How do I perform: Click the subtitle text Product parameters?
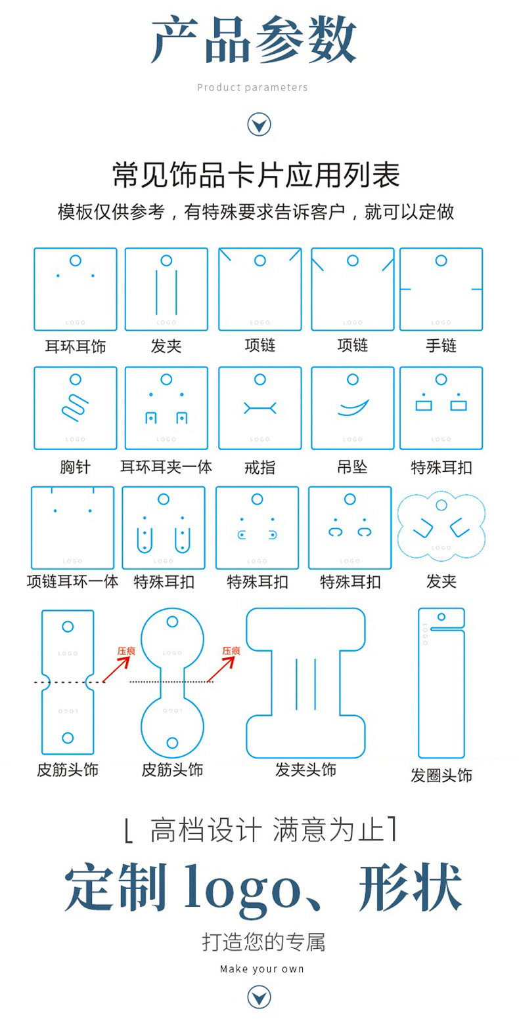coord(253,87)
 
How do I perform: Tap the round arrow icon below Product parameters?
coord(259,124)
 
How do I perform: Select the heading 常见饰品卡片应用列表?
coord(256,175)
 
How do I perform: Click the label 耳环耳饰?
coord(75,346)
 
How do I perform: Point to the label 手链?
coord(441,346)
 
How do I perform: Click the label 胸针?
coord(75,467)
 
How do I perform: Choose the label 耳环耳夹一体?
coord(166,467)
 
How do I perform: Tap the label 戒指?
coord(259,467)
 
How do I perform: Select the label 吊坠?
coord(352,467)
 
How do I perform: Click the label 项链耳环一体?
coord(72,581)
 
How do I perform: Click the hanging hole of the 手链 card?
coord(441,260)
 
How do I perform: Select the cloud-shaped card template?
coord(441,528)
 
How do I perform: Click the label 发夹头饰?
coord(305,769)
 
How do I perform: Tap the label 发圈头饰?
coord(441,775)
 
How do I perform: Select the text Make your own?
coord(261,969)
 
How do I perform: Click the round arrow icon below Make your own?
coord(259,997)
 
